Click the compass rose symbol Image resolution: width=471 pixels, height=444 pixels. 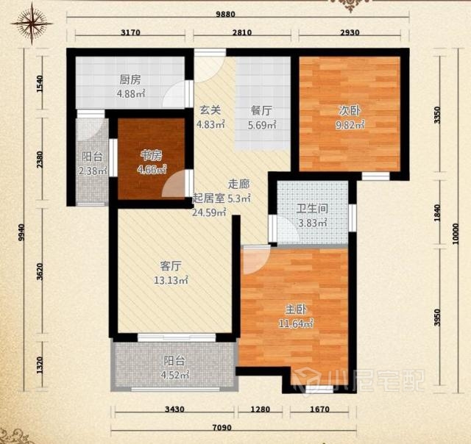(x=32, y=24)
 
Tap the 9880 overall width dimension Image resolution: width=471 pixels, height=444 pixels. (x=226, y=15)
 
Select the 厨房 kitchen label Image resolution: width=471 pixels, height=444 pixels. (x=130, y=80)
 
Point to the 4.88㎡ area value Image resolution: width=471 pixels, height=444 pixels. (x=131, y=94)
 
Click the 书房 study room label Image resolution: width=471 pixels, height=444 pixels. (x=152, y=155)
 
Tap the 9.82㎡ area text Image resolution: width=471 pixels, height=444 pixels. (x=350, y=125)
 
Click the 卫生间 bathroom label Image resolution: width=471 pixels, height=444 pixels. (x=312, y=209)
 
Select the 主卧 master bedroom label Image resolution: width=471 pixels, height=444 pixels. (x=296, y=309)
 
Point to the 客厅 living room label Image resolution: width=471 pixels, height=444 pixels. (x=171, y=266)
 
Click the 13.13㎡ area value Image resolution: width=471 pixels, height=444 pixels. (x=171, y=281)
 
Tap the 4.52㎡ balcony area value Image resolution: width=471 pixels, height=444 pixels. (x=174, y=376)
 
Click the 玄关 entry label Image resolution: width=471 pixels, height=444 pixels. (x=210, y=110)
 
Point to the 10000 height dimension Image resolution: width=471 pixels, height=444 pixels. (x=456, y=234)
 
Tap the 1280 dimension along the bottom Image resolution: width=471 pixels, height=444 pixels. (x=260, y=409)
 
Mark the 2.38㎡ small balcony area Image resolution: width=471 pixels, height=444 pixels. (x=93, y=171)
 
